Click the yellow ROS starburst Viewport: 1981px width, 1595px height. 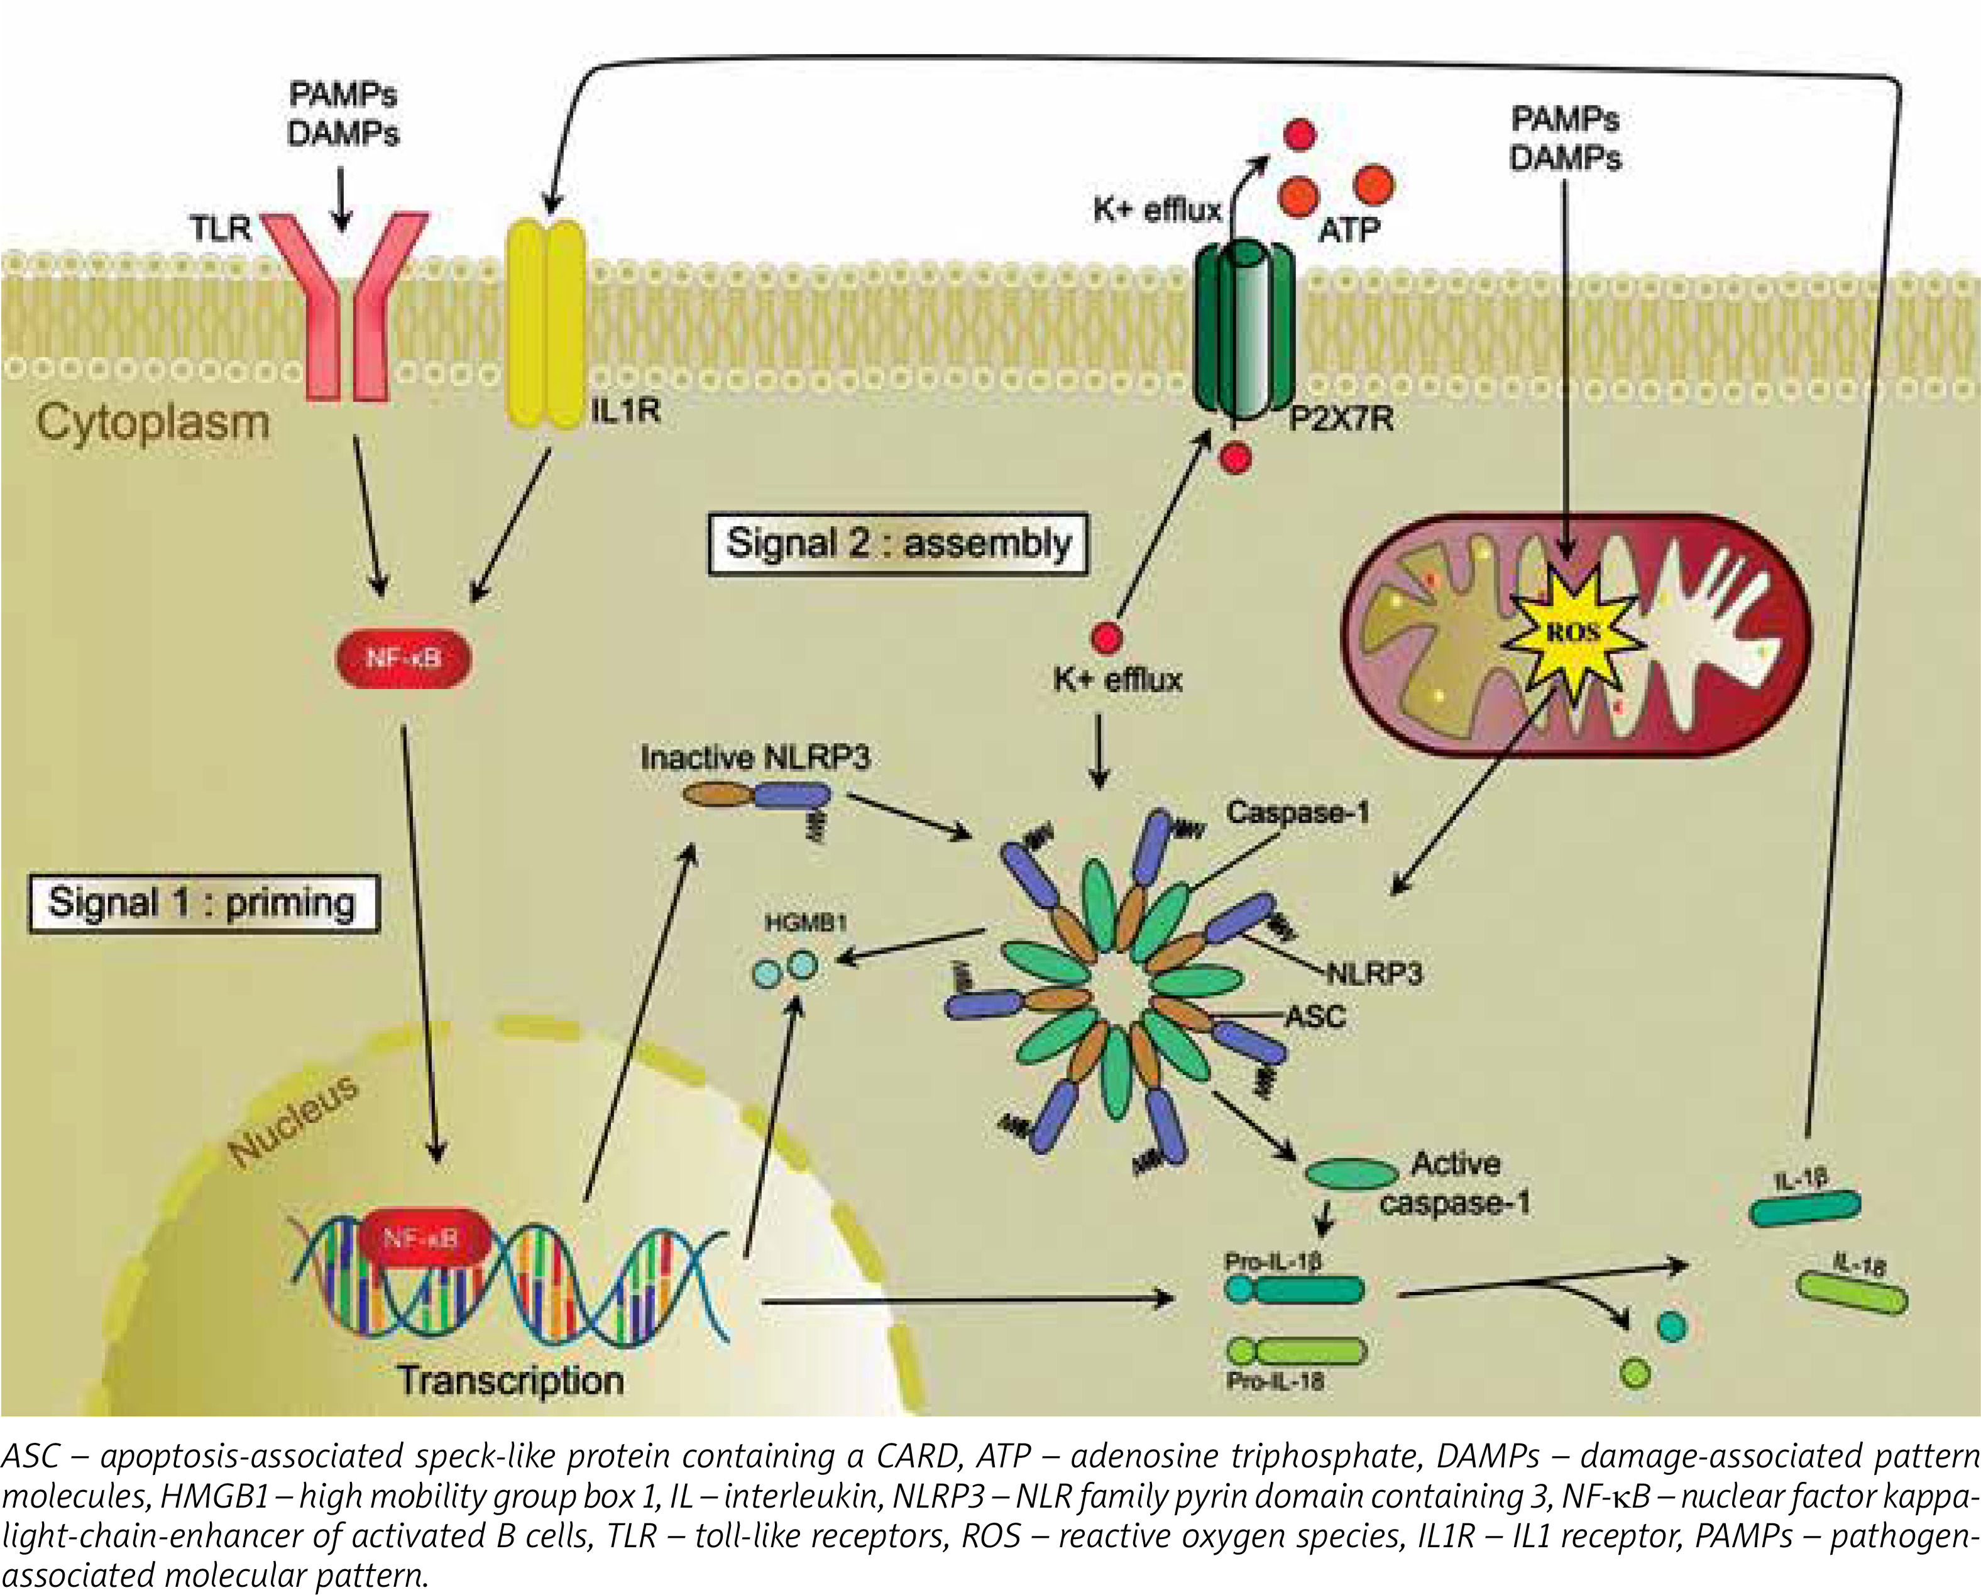(x=1573, y=632)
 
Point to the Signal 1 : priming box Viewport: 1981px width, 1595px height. (x=203, y=903)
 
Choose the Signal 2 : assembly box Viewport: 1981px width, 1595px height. (x=897, y=543)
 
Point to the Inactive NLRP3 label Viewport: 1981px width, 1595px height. (x=754, y=758)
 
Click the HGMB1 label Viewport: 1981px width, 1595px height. (x=806, y=923)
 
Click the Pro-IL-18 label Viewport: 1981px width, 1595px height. (x=1275, y=1381)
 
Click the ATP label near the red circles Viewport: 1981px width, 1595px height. (x=1348, y=230)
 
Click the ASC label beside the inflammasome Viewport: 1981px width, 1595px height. (x=1315, y=1017)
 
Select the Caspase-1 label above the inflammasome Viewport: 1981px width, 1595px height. (x=1297, y=813)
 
